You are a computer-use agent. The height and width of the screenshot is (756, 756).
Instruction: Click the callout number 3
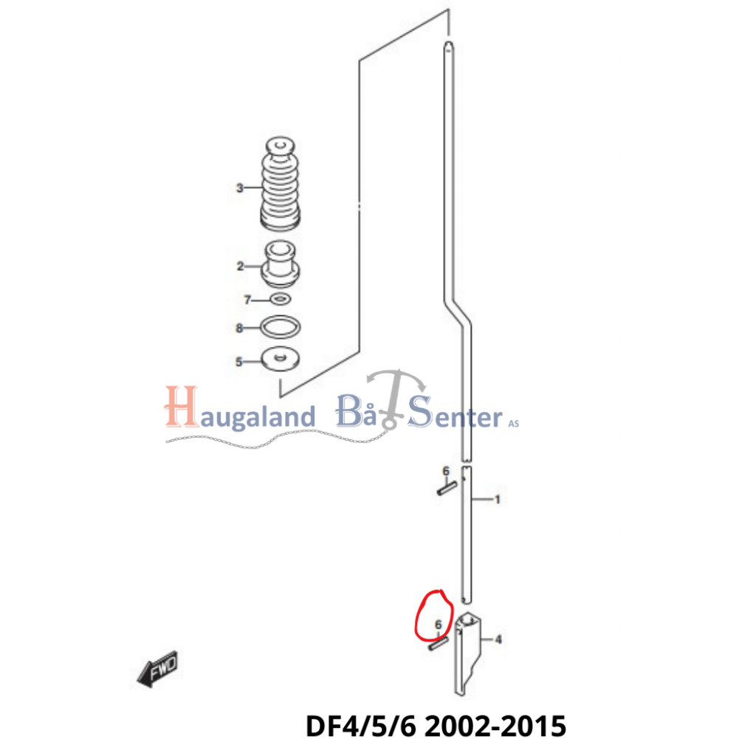coord(239,188)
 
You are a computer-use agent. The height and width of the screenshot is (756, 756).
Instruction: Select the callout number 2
coord(240,267)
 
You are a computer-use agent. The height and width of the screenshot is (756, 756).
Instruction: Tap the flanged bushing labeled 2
coord(281,264)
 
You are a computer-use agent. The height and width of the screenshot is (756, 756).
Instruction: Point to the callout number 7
coord(248,299)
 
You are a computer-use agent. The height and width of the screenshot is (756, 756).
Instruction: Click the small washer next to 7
coord(281,298)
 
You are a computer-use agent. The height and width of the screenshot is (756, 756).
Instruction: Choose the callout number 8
coord(239,328)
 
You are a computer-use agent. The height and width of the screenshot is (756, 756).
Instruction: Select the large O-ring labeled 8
coord(281,326)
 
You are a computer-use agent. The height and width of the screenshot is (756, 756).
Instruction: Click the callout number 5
coord(238,362)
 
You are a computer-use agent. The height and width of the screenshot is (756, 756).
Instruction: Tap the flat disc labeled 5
coord(281,360)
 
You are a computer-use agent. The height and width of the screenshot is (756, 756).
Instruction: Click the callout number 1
coord(497,500)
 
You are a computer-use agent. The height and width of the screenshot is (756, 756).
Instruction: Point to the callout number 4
coord(498,639)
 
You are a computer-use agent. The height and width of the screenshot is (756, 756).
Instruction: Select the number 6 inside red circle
coord(439,625)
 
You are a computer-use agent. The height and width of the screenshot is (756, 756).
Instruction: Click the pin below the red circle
coord(437,645)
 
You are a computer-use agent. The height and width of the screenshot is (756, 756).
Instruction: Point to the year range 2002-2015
coord(495,726)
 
